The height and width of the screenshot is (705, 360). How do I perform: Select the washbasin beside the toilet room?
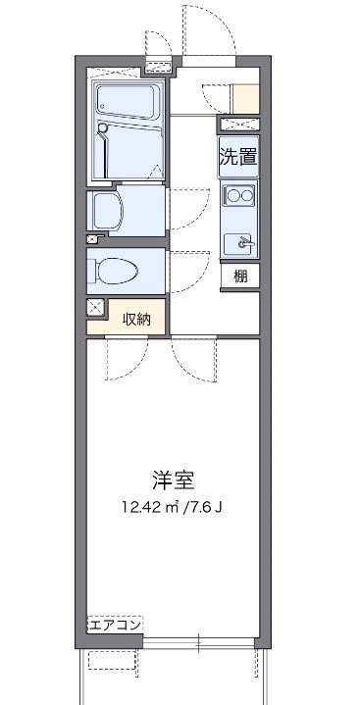(x=104, y=208)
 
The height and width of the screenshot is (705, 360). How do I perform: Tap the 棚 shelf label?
(x=240, y=277)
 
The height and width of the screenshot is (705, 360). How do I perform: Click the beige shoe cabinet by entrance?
(x=245, y=98)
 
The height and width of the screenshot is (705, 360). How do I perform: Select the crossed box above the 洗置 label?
(x=238, y=125)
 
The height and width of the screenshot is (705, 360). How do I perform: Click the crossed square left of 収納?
(x=95, y=308)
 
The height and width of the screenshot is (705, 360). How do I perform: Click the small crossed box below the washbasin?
(x=92, y=238)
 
